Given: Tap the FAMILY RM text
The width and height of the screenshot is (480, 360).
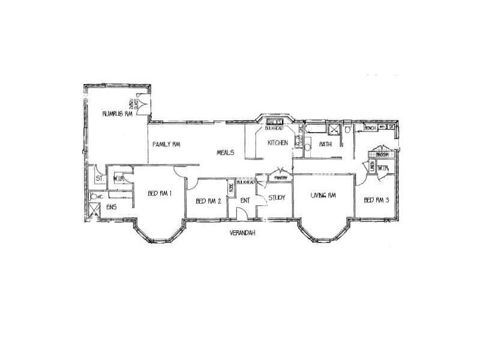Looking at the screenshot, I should [167, 145].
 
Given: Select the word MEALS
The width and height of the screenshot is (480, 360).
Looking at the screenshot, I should [225, 152].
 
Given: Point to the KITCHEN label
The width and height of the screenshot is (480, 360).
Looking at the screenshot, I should [278, 143].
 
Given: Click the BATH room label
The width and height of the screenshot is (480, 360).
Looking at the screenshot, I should [326, 144].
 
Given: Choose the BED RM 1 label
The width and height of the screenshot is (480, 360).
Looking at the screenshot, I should [161, 193].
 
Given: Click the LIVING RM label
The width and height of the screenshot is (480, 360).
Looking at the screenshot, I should [322, 196].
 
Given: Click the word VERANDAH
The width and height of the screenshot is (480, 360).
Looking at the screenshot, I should [243, 233].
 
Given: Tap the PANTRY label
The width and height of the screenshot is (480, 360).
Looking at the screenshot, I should [280, 178].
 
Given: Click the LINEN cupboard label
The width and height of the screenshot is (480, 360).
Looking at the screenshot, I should [372, 169].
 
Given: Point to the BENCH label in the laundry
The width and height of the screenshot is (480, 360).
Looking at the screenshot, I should [371, 128].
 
